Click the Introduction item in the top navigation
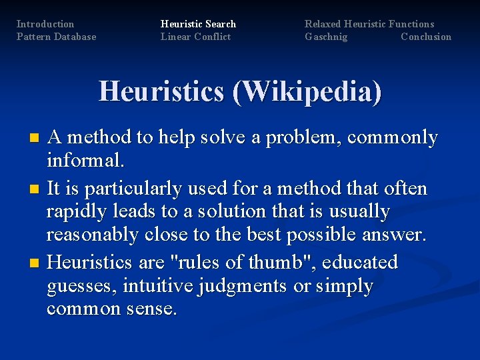45,24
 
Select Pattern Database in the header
56,37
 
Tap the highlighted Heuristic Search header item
198,24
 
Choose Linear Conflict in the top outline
195,37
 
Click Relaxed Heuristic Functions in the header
369,24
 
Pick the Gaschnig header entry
326,37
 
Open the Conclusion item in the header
426,37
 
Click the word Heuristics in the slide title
161,91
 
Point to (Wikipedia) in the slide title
307,91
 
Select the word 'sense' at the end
151,309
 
